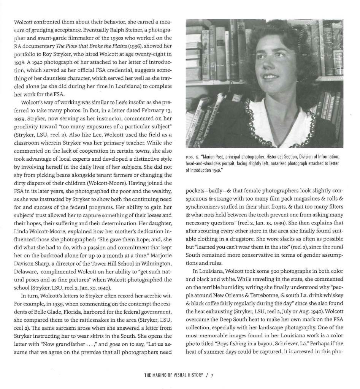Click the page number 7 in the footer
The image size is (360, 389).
212,376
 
